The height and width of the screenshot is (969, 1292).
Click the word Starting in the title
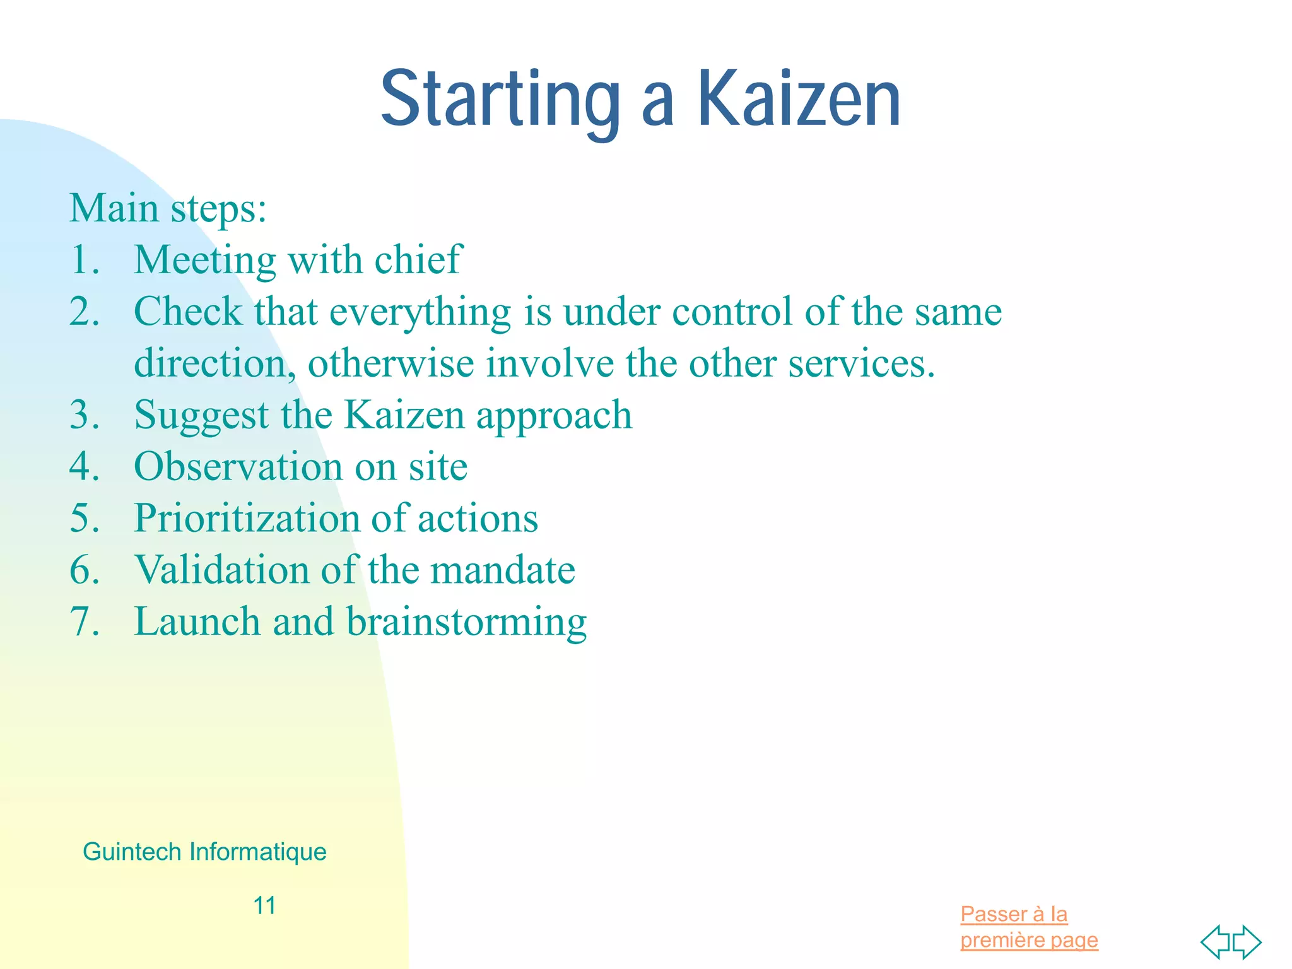coord(500,100)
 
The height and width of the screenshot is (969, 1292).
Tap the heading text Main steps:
coord(168,208)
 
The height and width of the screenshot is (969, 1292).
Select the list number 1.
coord(85,260)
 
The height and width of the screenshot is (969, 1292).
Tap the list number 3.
coord(85,416)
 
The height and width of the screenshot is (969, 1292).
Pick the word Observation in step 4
coord(238,467)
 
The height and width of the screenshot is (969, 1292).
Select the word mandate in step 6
coord(502,570)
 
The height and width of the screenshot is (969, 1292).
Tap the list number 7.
coord(85,622)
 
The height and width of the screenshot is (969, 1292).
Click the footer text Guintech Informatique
coord(204,852)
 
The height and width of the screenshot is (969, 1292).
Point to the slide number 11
coord(264,906)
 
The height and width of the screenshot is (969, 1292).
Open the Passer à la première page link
coord(1028,927)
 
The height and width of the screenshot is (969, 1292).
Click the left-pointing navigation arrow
coord(1215,942)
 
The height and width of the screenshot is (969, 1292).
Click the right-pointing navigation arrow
coord(1247,942)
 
